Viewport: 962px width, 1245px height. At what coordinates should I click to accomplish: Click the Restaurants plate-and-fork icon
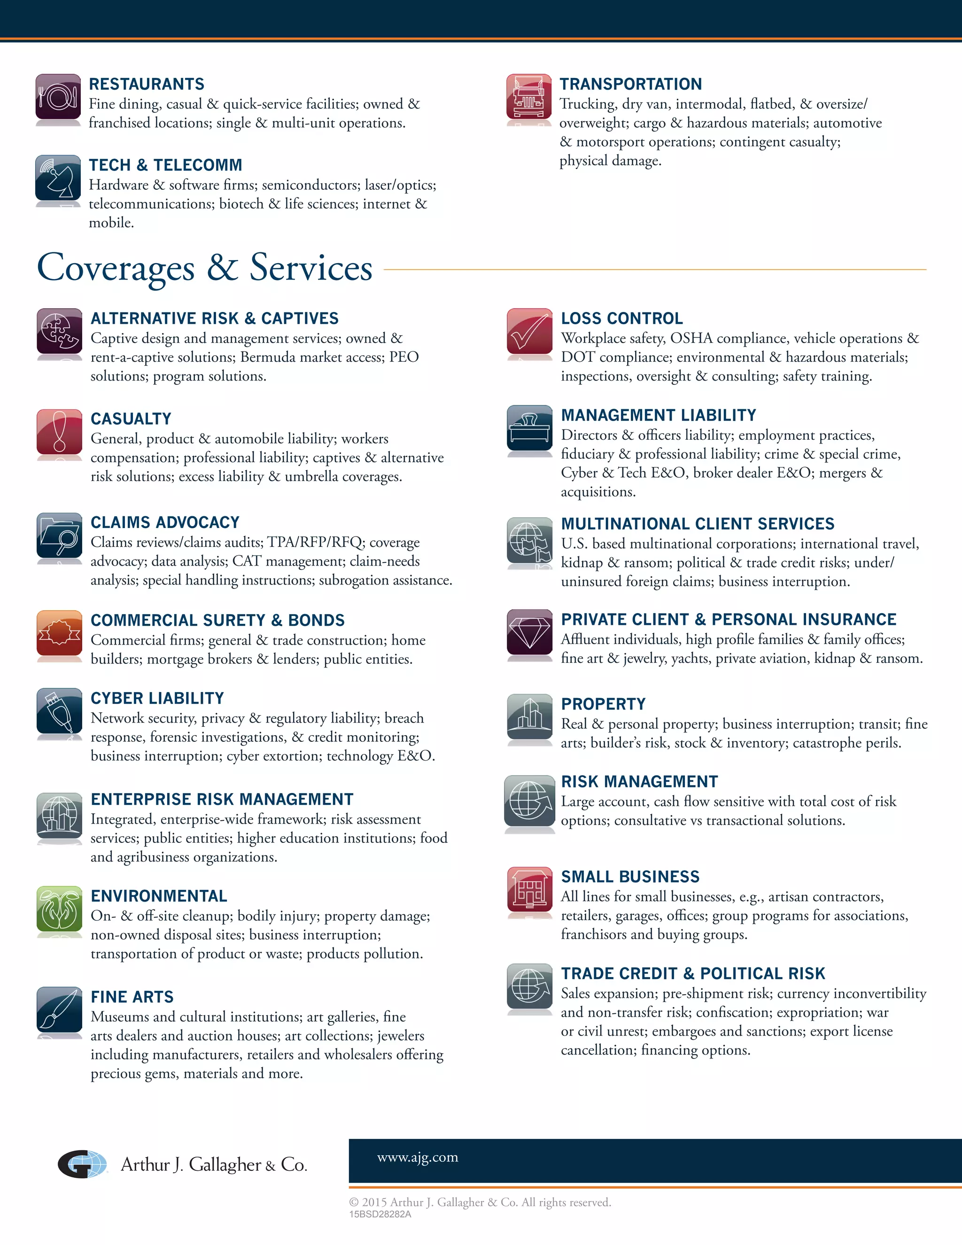coord(58,97)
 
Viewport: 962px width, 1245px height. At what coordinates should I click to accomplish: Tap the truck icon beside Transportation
coord(529,97)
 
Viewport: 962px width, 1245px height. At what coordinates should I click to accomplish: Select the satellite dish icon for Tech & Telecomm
coord(58,178)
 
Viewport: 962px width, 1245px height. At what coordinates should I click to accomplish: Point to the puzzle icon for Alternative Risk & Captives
coord(59,331)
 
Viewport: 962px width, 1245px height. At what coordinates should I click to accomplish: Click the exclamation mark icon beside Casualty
coord(59,432)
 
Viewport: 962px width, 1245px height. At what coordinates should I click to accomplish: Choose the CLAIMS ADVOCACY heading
coord(165,522)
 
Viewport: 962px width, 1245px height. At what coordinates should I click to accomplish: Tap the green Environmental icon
coord(59,908)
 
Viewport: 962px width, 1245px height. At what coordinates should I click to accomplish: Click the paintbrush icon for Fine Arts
coord(59,1010)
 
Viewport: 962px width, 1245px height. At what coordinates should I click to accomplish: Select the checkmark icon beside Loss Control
coord(529,331)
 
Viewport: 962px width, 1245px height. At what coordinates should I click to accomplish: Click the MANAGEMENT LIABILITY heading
coord(658,415)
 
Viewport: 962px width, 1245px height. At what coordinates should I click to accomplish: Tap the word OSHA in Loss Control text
coord(690,339)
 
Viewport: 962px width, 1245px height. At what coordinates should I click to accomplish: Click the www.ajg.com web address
coord(417,1157)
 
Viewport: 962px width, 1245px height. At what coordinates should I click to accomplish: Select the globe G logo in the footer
coord(83,1163)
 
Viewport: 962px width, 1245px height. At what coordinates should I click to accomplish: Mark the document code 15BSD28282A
coord(380,1214)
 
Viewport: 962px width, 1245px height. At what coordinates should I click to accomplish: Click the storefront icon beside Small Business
coord(529,889)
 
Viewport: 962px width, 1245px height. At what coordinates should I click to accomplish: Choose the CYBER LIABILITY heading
coord(157,698)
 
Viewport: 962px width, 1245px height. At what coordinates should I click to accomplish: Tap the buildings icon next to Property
coord(529,716)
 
